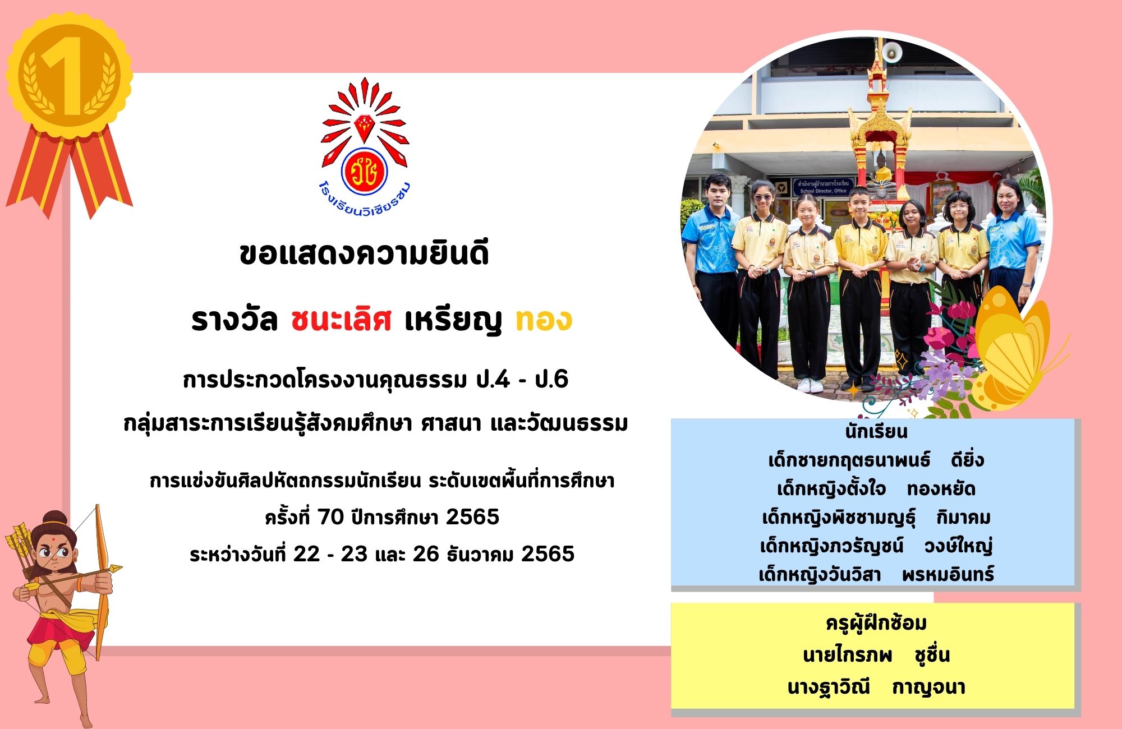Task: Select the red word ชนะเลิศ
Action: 341,320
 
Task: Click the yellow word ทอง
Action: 544,320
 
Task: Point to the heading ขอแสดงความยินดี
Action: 364,254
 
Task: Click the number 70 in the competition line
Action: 331,517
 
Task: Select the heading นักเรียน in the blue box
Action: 876,431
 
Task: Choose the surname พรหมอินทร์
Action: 948,574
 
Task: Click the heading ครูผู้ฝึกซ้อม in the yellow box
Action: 876,624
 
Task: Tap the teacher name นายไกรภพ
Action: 847,655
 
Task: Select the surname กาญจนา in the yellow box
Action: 928,688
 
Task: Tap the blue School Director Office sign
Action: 823,187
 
